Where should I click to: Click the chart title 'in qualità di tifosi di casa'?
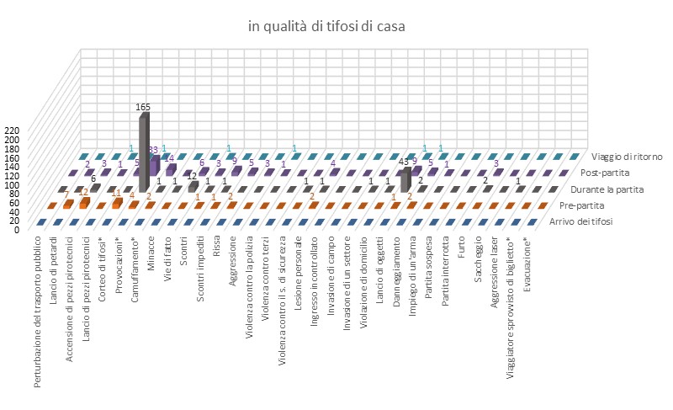(x=326, y=26)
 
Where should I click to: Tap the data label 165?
(x=143, y=108)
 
